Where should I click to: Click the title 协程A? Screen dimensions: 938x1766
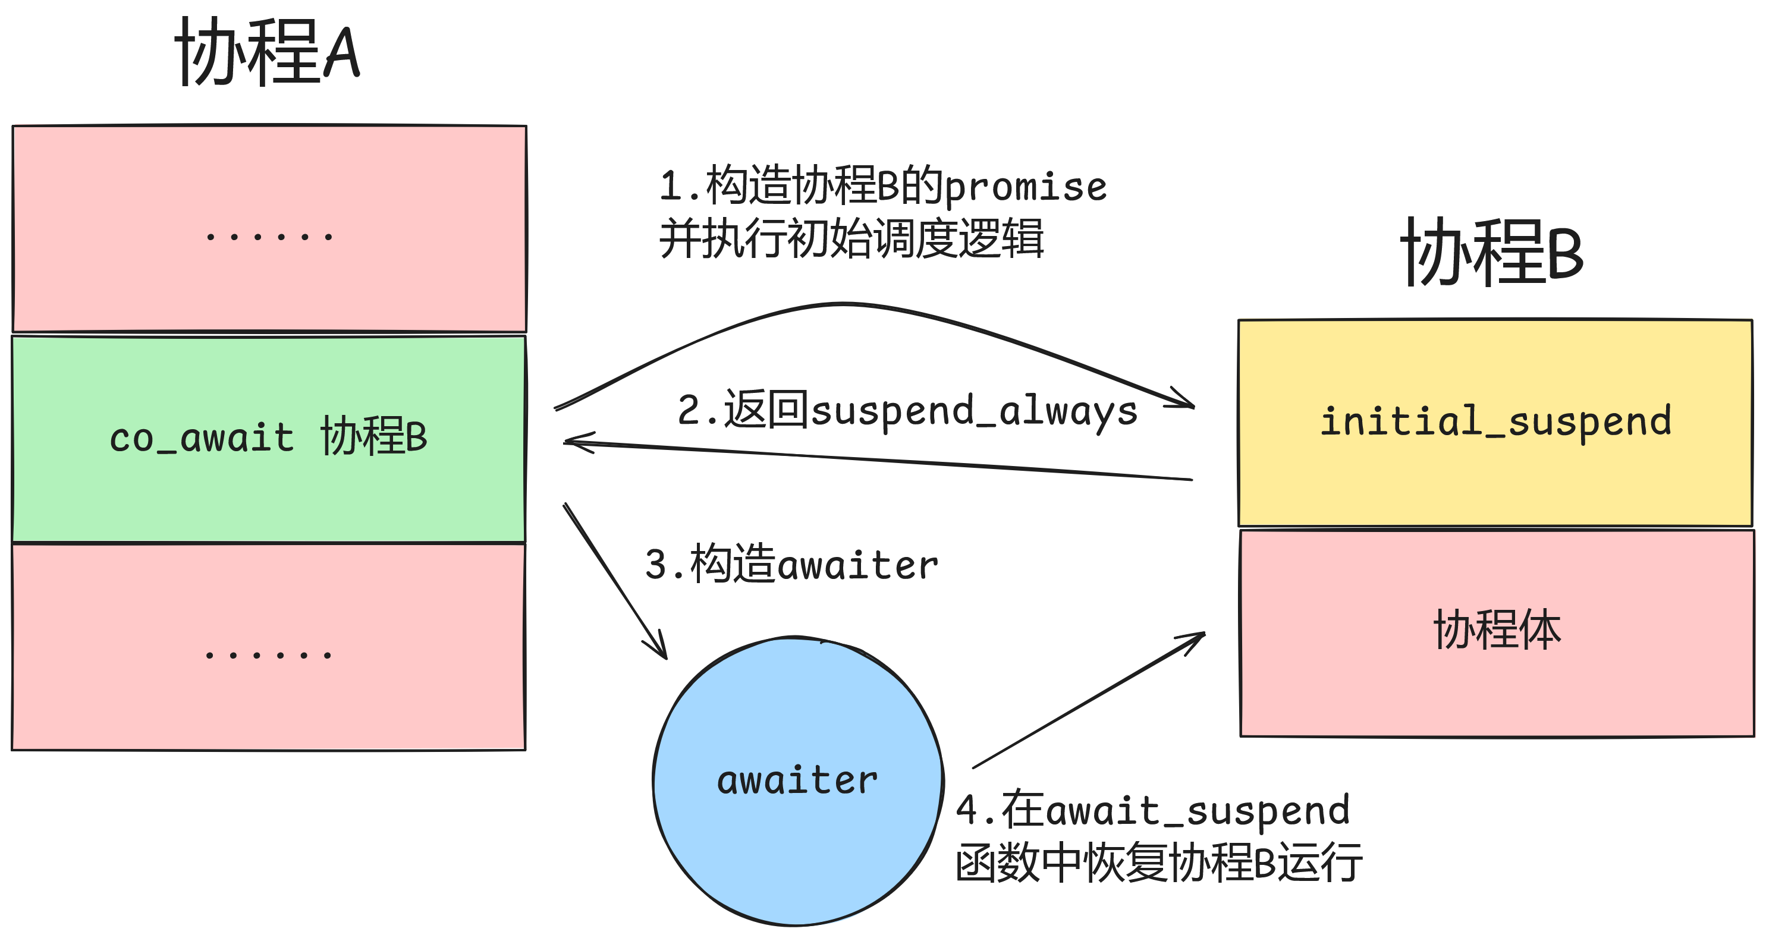pos(268,53)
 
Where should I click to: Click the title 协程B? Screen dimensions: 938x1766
pos(1492,253)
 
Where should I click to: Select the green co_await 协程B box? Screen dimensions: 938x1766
pos(269,439)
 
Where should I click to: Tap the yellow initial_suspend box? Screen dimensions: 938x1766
pos(1494,423)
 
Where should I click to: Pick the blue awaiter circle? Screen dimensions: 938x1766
pos(797,781)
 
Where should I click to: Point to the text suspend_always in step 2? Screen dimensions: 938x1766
pos(974,411)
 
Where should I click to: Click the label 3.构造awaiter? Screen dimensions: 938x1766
pos(791,565)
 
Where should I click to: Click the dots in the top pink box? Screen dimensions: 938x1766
pos(269,237)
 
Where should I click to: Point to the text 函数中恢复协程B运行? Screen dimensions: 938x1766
pos(1158,863)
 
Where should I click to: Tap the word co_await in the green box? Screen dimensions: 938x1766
pos(202,439)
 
